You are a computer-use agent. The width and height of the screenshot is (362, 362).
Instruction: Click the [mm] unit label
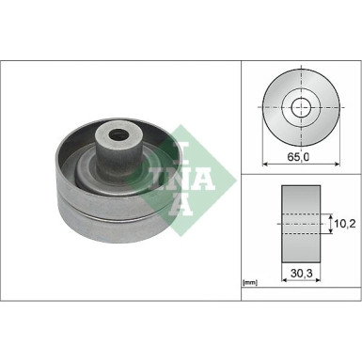pos(251,281)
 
